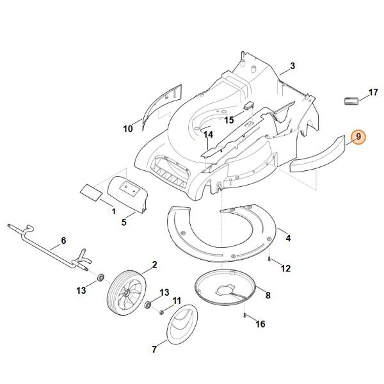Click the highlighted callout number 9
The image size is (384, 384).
coord(358,136)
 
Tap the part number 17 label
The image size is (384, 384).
coord(373,93)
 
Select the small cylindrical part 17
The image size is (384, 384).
coord(350,100)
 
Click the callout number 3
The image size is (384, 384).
coord(292,66)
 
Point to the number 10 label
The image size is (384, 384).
coord(127,129)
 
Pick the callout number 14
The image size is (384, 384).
coord(207,135)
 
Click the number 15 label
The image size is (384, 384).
coord(228,120)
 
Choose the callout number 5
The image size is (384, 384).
coord(124,223)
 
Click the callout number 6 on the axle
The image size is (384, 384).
coord(63,241)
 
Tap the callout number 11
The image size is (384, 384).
coord(177,300)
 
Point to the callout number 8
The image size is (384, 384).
coord(268,295)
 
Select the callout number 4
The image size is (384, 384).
coord(288,238)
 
